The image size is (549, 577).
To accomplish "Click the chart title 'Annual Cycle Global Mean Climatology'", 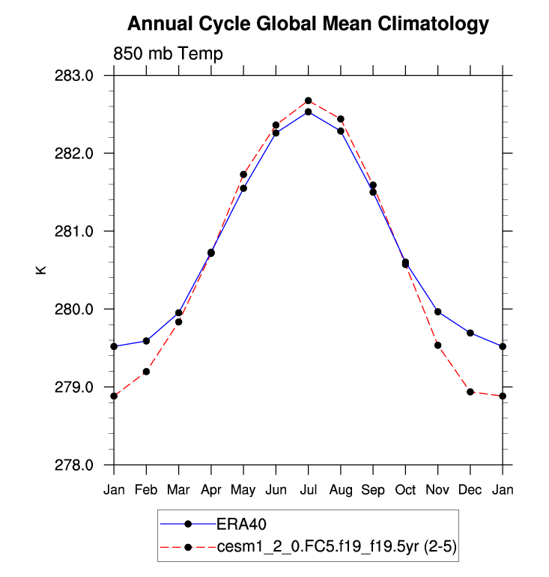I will (308, 24).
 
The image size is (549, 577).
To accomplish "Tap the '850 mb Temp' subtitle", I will (168, 54).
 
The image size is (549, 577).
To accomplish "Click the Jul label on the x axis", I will (308, 490).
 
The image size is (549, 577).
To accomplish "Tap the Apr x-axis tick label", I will (211, 490).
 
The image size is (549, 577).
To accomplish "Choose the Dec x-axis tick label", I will (470, 490).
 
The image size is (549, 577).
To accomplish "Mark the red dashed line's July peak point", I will (308, 100).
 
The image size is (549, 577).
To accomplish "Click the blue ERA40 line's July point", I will (308, 112).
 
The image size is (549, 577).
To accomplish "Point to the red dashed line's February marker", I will (146, 372).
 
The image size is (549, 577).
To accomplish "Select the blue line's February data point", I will (146, 341).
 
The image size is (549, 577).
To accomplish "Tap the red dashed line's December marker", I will (470, 392).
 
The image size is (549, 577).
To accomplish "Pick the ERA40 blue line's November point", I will (438, 312).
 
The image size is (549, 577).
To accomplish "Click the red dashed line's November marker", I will (438, 345).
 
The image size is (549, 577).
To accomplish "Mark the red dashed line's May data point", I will (243, 175).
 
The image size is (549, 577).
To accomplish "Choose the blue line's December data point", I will (470, 333).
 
